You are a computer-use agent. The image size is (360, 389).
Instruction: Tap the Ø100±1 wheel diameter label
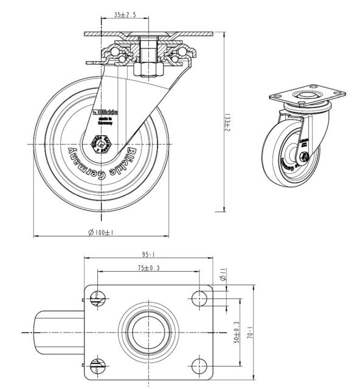[102, 232]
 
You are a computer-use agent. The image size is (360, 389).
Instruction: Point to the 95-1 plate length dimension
[149, 255]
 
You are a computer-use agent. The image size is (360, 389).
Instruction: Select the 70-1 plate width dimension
[249, 332]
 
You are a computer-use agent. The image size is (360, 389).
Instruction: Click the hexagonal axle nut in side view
[98, 146]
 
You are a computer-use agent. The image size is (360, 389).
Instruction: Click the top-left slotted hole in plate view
[97, 298]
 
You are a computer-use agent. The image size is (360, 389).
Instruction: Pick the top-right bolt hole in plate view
[201, 298]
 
